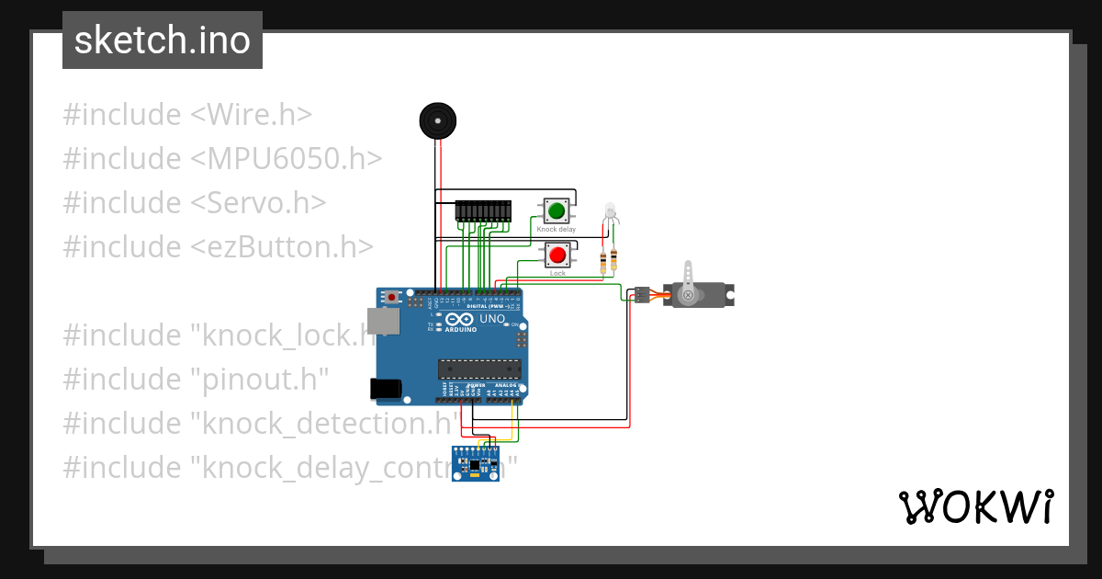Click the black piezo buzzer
[x=437, y=120]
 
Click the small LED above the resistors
[x=610, y=212]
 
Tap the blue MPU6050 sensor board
[x=476, y=464]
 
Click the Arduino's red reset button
[x=392, y=297]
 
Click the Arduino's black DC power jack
[x=385, y=389]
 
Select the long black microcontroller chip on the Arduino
[x=479, y=369]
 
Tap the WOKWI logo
[x=974, y=507]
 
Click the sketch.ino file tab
[x=163, y=40]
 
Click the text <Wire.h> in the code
[x=251, y=115]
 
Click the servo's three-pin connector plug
[x=642, y=295]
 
